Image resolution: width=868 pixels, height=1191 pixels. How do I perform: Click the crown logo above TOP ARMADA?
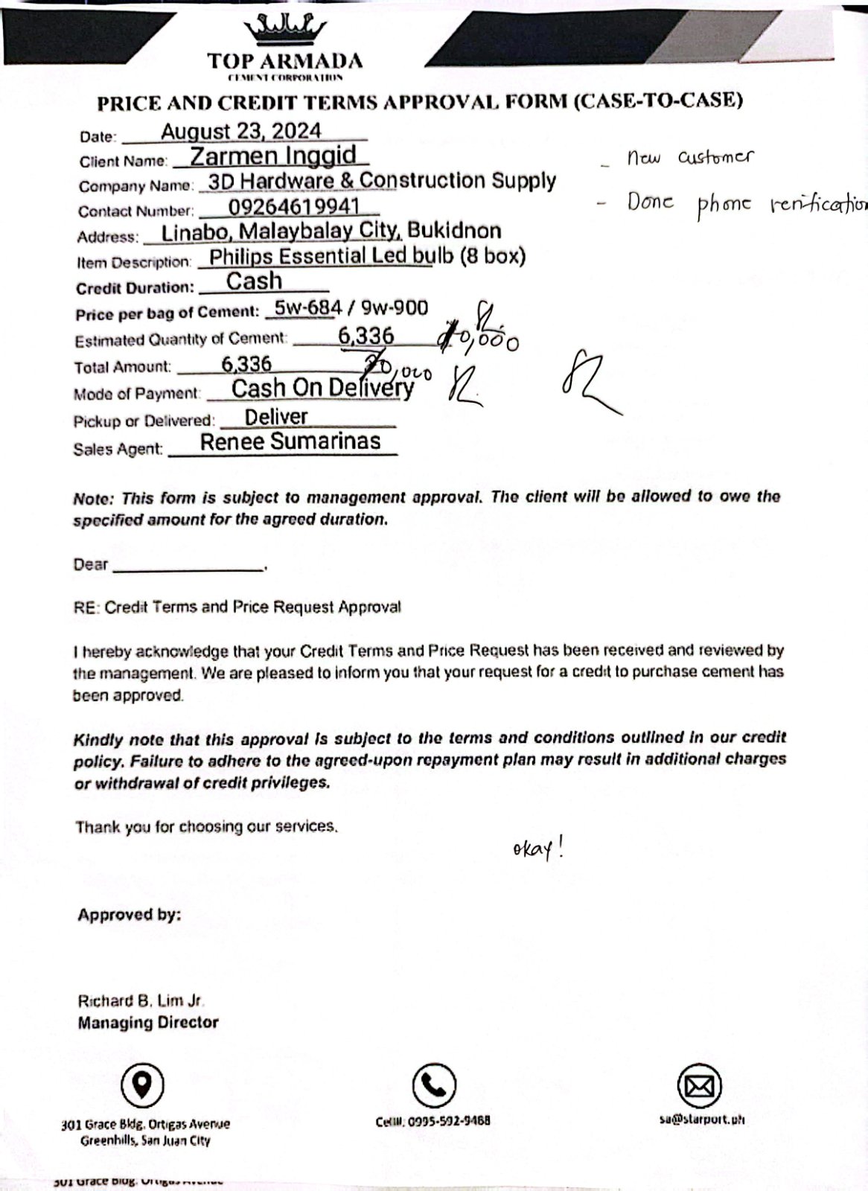tap(285, 30)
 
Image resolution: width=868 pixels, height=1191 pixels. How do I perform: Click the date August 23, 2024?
tap(241, 132)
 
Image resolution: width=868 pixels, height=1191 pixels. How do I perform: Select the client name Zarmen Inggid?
tap(272, 156)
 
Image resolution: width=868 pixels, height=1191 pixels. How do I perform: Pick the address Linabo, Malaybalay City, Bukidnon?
tap(331, 231)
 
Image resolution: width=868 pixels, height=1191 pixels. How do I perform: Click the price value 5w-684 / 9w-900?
tap(351, 307)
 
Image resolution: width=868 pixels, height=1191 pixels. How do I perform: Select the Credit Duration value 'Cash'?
tap(255, 281)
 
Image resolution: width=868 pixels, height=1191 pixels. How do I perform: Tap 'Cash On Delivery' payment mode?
tap(322, 388)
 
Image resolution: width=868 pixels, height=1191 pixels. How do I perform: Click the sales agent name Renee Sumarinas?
tap(290, 441)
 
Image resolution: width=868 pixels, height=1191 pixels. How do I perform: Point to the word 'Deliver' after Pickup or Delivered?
tap(276, 417)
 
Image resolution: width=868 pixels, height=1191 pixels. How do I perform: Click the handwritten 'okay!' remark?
tap(538, 849)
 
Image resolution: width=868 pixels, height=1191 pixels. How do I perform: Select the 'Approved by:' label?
tap(130, 915)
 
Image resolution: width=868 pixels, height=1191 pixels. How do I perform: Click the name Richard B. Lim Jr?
tap(141, 1001)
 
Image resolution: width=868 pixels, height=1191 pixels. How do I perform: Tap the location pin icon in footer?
tap(143, 1085)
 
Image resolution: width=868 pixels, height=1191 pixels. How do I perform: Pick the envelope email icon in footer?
tap(700, 1086)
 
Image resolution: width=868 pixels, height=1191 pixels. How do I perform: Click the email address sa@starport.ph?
tap(701, 1119)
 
